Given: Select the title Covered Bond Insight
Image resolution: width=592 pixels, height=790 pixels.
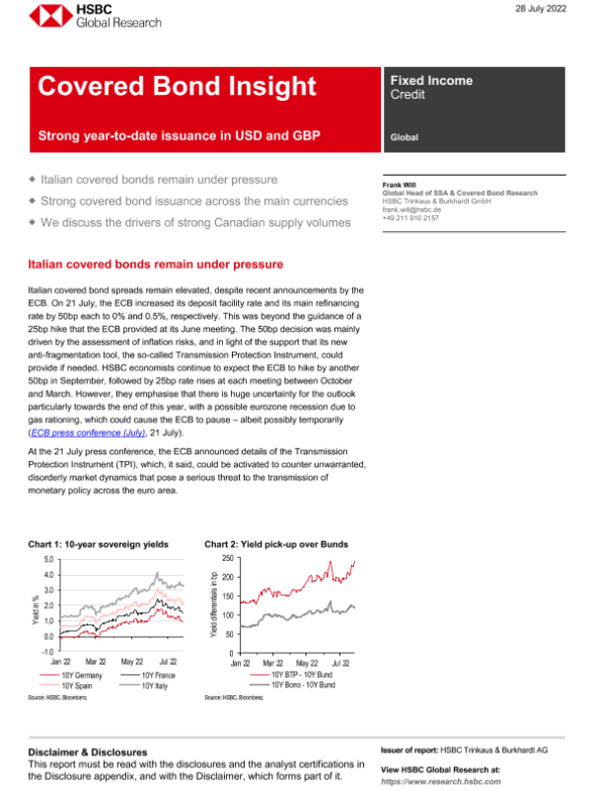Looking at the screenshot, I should pos(177,87).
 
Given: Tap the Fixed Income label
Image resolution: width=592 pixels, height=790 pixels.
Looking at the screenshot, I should pos(431,81).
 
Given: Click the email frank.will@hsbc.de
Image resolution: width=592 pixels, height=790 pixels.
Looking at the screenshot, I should pos(411,208).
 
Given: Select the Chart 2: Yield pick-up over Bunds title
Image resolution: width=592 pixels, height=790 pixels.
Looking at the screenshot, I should pos(275,544).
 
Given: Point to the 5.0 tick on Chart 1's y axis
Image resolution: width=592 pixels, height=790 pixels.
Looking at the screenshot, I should pos(48,559).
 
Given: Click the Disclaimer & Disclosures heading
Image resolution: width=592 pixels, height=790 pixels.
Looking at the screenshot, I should pos(88,751).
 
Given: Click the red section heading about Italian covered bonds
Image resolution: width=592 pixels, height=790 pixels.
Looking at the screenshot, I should pos(156,265).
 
